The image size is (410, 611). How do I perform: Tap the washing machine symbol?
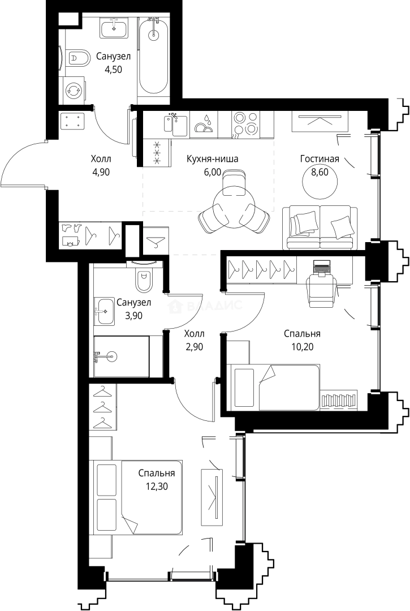73,90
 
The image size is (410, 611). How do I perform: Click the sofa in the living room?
320,227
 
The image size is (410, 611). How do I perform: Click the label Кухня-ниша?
212,159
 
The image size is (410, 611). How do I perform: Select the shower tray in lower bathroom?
121,356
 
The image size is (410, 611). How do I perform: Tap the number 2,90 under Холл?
194,347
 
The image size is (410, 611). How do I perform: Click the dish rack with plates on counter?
204,124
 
